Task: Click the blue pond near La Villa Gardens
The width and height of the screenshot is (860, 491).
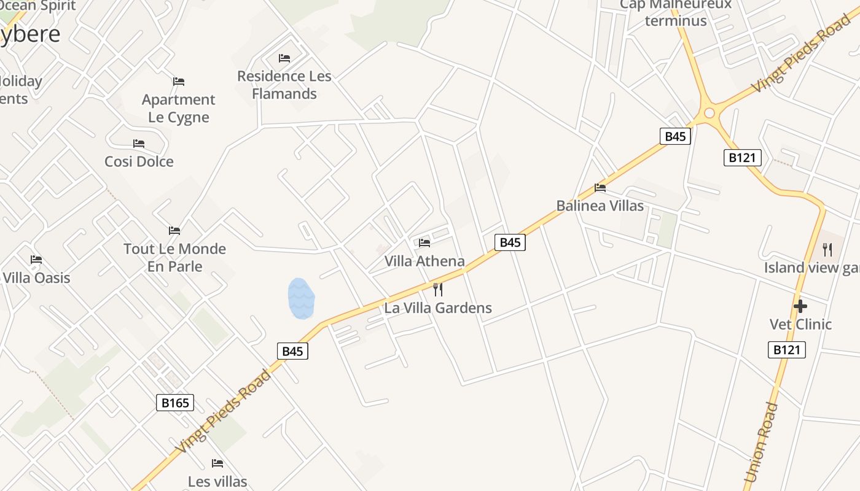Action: point(301,298)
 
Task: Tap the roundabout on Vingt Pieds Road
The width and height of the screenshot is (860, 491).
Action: point(710,113)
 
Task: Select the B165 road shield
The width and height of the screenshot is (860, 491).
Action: point(176,403)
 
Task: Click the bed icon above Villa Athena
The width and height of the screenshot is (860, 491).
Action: point(424,242)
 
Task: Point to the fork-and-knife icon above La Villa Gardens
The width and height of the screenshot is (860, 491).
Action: point(438,289)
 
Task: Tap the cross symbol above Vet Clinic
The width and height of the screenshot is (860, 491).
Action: point(800,306)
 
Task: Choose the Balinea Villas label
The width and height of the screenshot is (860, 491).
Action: point(600,206)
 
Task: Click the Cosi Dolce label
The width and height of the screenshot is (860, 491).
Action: point(139,161)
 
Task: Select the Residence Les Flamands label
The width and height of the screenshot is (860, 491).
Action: point(284,85)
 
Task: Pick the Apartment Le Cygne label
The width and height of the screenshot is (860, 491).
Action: point(179,108)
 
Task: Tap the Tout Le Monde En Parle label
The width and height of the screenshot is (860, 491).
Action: point(174,257)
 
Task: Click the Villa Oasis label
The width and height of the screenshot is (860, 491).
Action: point(36,277)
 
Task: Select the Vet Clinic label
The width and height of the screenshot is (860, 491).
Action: point(800,324)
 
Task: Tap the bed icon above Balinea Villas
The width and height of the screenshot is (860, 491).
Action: point(600,188)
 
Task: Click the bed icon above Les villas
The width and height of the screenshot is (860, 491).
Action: point(217,463)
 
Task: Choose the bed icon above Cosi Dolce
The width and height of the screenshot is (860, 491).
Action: point(139,144)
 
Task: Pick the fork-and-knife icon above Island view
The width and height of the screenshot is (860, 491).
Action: point(827,250)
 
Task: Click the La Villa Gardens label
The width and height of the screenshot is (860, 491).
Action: point(438,307)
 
